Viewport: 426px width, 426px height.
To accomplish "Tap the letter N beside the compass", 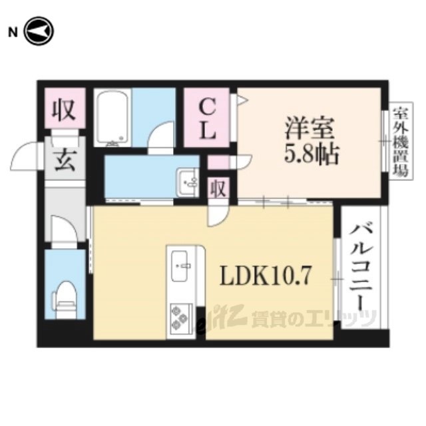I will pyautogui.click(x=11, y=31).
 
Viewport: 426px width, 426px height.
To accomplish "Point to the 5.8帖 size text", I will pyautogui.click(x=312, y=156).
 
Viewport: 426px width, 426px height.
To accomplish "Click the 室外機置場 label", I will pyautogui.click(x=399, y=141).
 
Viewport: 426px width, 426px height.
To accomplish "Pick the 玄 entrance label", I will pyautogui.click(x=65, y=162).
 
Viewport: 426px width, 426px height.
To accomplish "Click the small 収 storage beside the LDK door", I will pyautogui.click(x=218, y=188).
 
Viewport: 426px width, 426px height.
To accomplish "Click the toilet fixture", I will pyautogui.click(x=66, y=296).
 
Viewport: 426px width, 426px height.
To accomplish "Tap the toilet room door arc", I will pyautogui.click(x=65, y=230).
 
